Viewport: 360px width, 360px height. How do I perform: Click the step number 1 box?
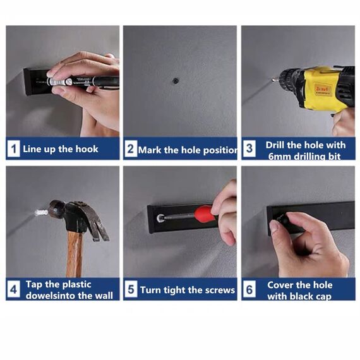point(13,150)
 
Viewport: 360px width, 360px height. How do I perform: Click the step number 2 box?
point(130,150)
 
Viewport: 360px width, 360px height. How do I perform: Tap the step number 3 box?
point(249,150)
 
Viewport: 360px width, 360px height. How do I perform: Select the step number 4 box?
point(13,290)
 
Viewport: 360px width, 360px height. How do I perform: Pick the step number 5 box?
point(130,290)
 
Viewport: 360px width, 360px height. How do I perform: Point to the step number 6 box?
point(249,290)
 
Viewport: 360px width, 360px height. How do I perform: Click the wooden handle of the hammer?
point(75,253)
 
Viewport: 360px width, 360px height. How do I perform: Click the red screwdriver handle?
point(205,213)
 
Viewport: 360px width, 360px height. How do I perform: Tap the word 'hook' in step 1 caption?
point(87,150)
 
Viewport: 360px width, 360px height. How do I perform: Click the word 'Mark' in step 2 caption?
point(150,150)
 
